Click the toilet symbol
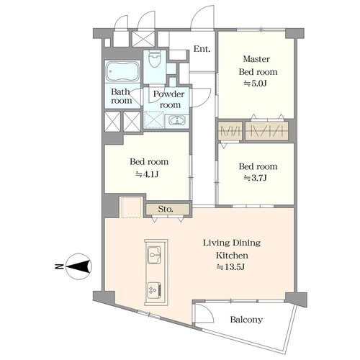[155, 59]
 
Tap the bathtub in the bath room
[122, 71]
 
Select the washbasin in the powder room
[177, 120]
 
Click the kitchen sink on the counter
[154, 255]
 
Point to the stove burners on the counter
[154, 290]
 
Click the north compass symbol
[78, 266]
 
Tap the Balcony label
[246, 320]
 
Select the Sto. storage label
[166, 210]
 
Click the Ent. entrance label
[202, 49]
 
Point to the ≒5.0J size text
[256, 84]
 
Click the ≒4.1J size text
[147, 174]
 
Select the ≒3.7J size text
[256, 178]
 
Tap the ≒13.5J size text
[230, 266]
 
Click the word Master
[256, 59]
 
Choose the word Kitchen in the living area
[232, 255]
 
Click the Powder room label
[169, 99]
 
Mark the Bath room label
[121, 96]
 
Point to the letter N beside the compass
[58, 266]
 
